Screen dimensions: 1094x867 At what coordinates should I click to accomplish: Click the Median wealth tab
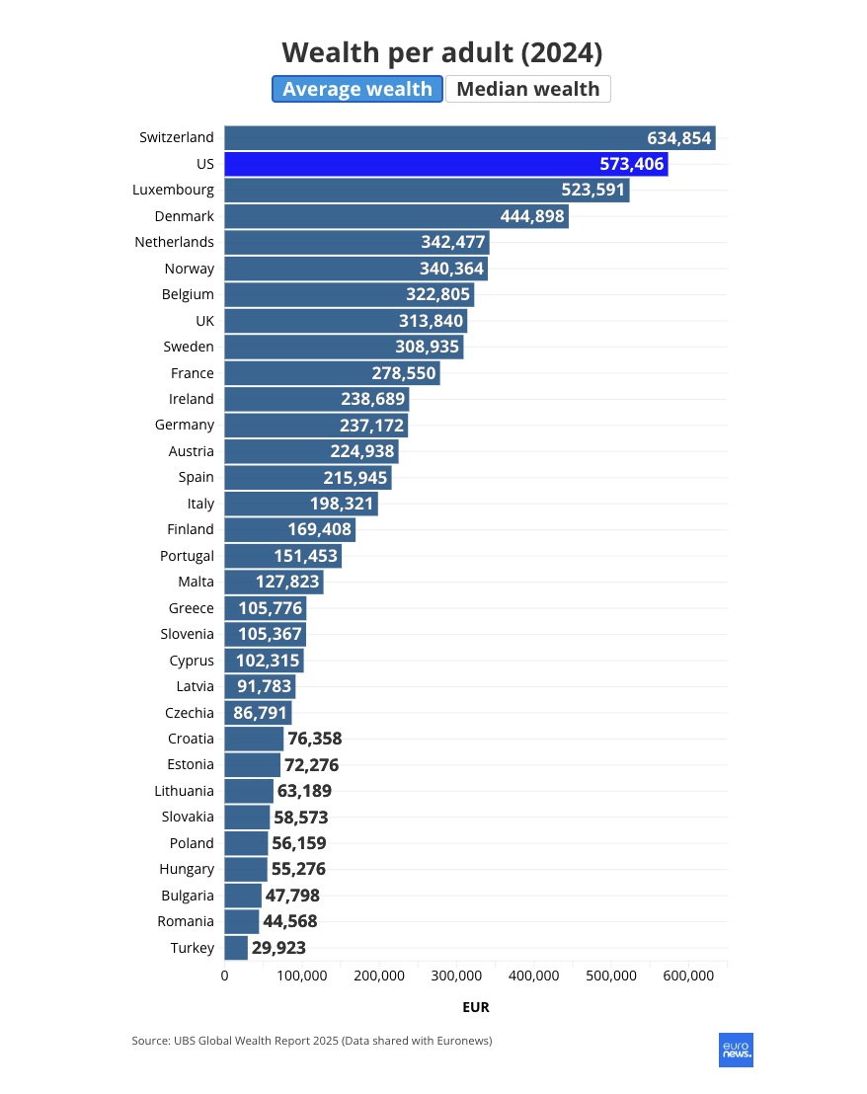[527, 89]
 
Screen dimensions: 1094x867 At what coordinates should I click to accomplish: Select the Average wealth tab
[357, 89]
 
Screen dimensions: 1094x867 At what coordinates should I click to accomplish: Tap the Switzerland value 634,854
[679, 138]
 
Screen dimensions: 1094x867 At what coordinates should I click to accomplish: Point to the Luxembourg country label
[173, 190]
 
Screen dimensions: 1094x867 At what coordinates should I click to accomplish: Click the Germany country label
[185, 425]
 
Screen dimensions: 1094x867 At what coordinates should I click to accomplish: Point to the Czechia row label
[190, 712]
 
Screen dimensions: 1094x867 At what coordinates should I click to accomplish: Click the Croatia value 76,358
[315, 739]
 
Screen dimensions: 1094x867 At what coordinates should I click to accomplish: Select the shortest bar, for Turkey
[236, 948]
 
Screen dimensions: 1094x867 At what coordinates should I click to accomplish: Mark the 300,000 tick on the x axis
[456, 976]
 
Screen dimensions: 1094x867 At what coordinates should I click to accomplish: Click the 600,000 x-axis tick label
[688, 976]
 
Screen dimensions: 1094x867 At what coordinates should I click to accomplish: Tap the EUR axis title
[475, 1007]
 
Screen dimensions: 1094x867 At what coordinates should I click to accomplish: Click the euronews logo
[736, 1050]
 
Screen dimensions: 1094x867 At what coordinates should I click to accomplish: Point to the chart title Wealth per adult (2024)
[441, 52]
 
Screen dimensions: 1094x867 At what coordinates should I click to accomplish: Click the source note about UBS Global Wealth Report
[312, 1041]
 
